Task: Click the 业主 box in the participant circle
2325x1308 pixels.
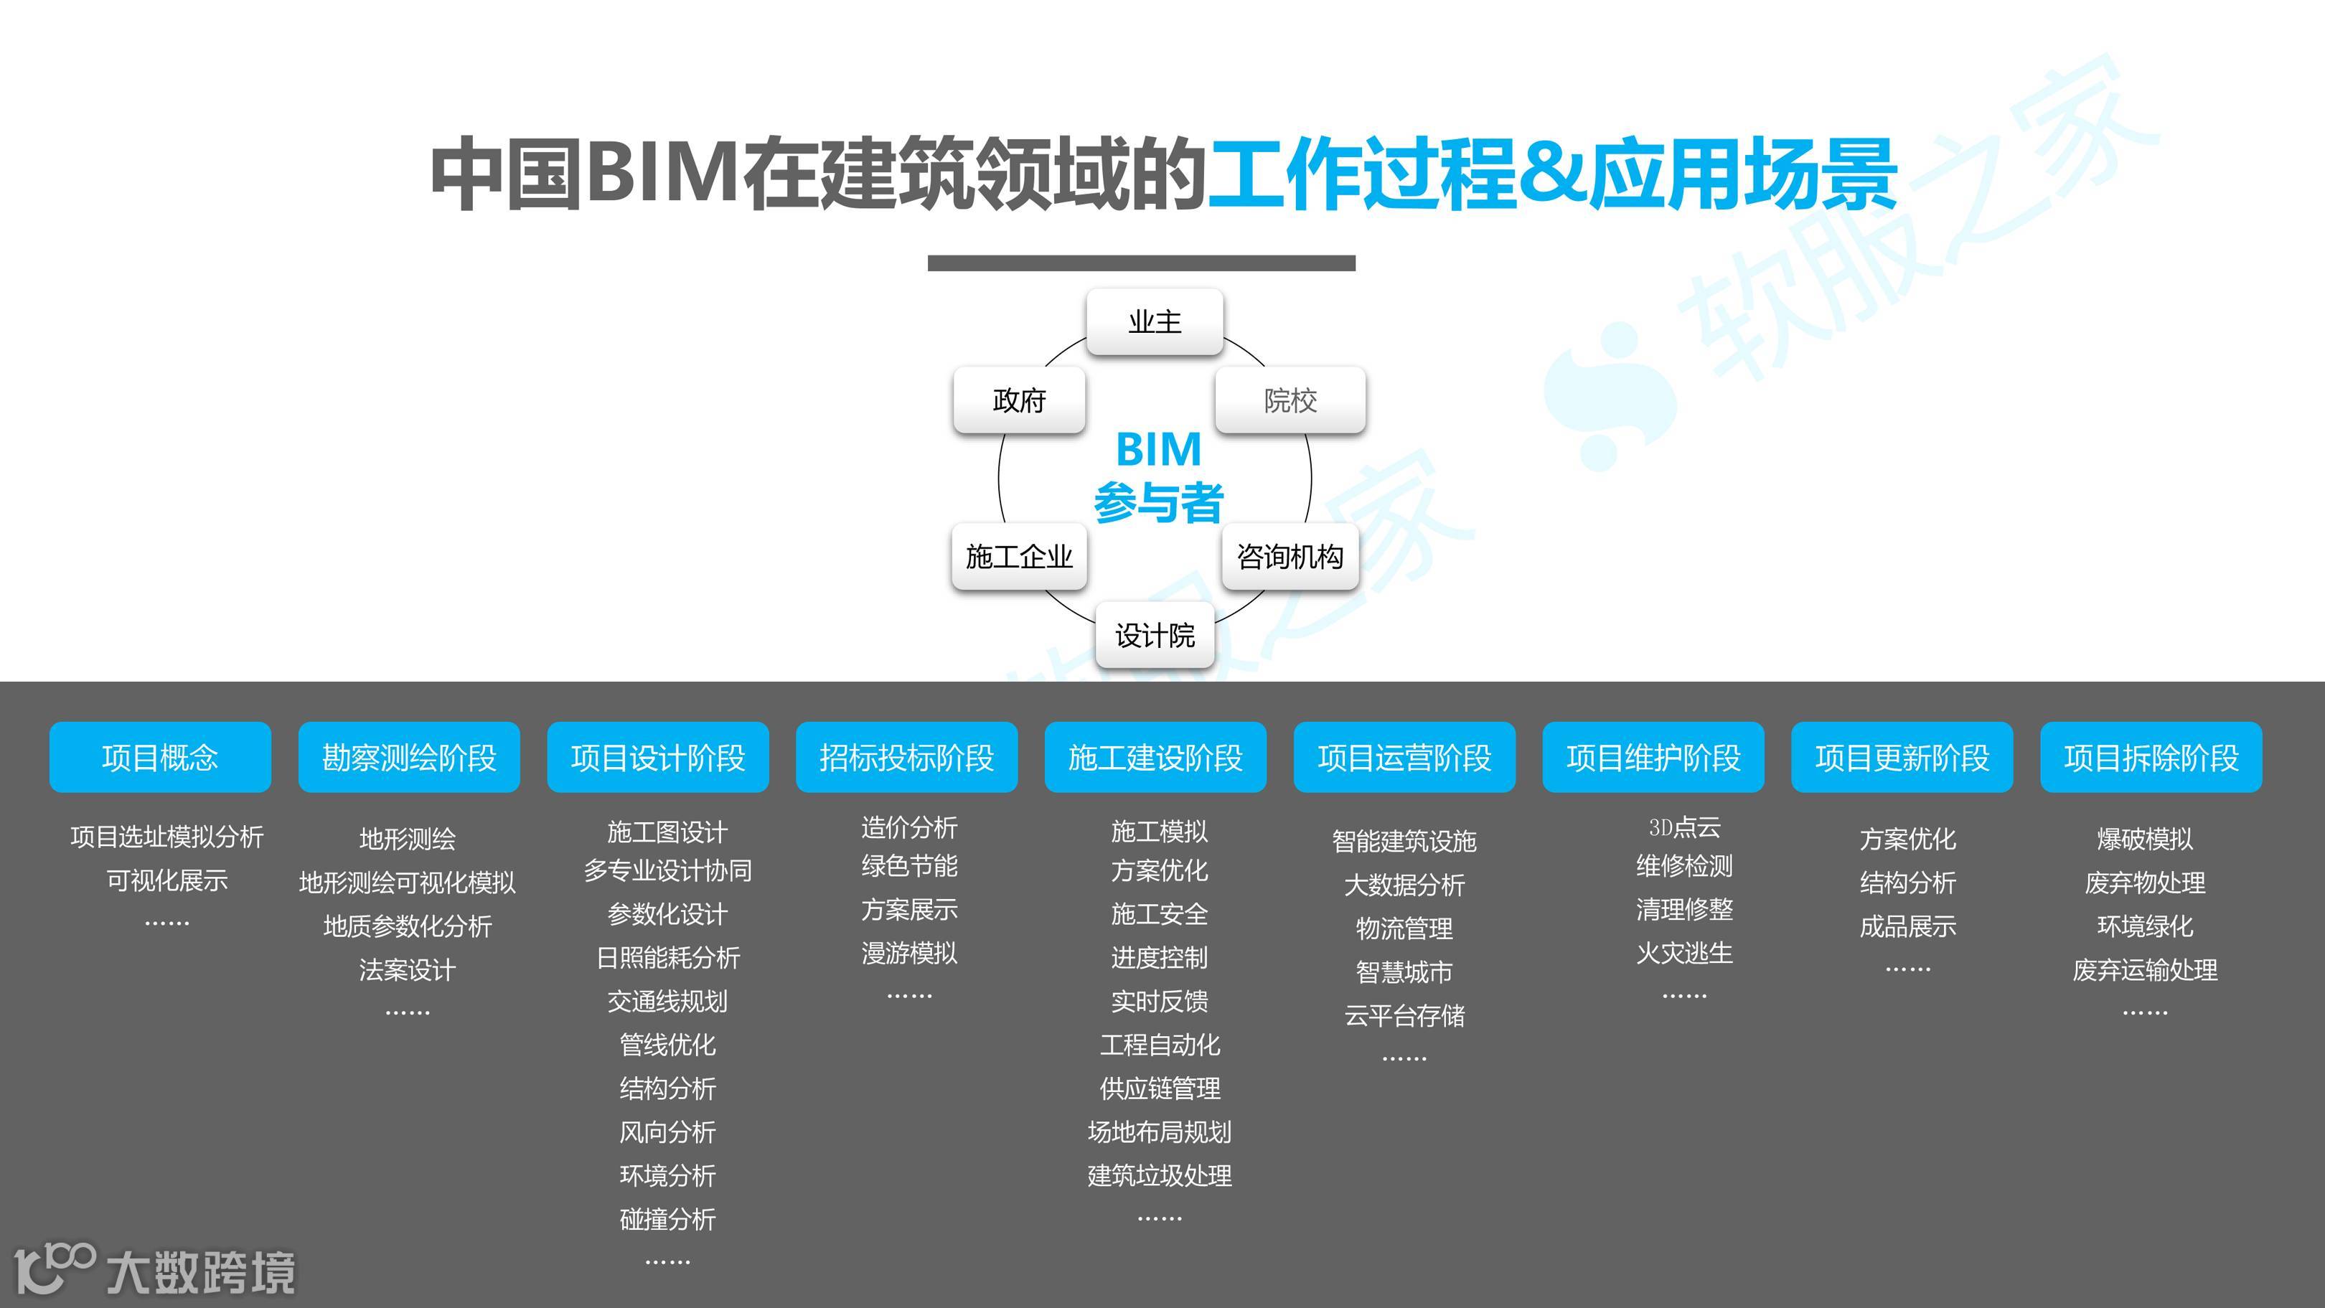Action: [1155, 322]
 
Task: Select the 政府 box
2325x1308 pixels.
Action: [1019, 400]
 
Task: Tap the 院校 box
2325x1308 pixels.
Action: [1290, 400]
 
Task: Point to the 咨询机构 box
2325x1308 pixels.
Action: [1290, 557]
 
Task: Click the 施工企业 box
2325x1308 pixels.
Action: [1019, 557]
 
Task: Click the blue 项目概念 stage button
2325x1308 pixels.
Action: [160, 758]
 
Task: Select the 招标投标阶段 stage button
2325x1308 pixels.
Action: [906, 758]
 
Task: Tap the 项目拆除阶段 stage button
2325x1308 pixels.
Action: [2151, 758]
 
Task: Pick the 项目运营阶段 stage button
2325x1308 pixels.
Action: [1404, 758]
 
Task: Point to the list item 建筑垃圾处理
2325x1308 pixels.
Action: [1160, 1176]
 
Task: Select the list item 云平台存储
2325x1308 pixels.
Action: [1404, 1015]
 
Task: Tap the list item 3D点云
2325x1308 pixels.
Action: [1684, 827]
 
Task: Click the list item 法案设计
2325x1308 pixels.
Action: [407, 969]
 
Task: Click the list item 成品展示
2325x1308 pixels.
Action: [1907, 926]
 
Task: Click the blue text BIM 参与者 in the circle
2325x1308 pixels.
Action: [1158, 476]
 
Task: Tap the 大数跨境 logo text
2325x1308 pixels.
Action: [200, 1273]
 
